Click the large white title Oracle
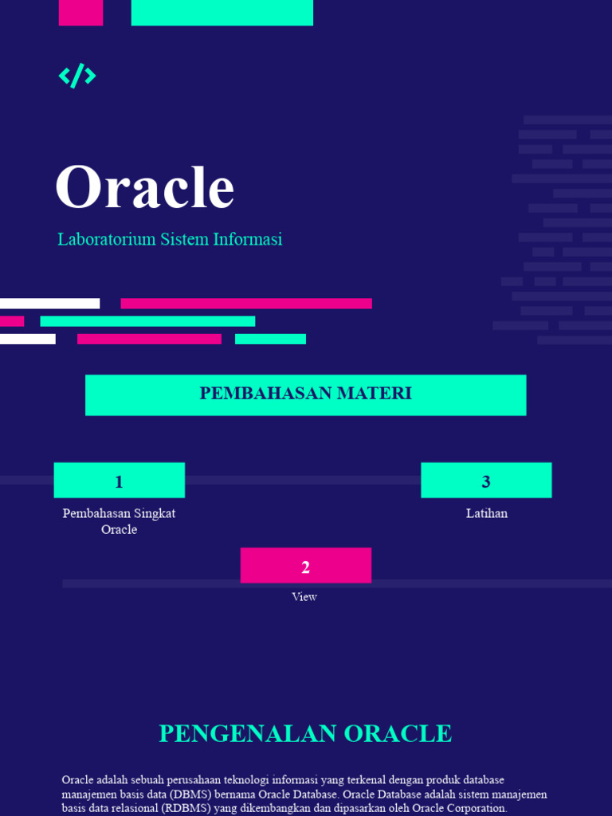[x=144, y=188]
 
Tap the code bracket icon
[x=77, y=76]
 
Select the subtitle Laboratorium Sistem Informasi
[x=170, y=239]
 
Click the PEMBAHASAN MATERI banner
[x=305, y=394]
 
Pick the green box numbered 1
[x=119, y=481]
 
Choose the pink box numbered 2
[x=305, y=566]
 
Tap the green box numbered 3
[x=486, y=481]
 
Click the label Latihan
[x=486, y=513]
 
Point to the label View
[x=304, y=597]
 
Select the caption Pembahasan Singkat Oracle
[x=119, y=521]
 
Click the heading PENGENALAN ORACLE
[x=305, y=733]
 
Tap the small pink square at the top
[x=80, y=12]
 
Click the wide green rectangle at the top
[x=222, y=12]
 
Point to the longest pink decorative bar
[x=246, y=304]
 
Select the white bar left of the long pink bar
[x=49, y=304]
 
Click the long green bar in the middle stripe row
[x=147, y=321]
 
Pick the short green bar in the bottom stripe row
[x=270, y=339]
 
